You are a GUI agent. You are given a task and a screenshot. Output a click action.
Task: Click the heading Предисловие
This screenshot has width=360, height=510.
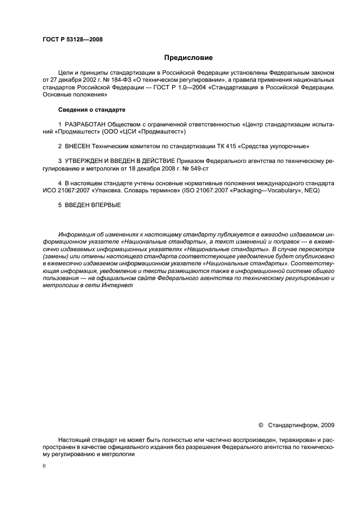pyautogui.click(x=188, y=58)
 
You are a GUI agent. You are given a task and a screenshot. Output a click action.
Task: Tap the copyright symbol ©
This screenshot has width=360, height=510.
pyautogui.click(x=260, y=424)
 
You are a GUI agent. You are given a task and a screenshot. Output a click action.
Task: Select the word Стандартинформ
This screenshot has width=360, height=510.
pyautogui.click(x=294, y=424)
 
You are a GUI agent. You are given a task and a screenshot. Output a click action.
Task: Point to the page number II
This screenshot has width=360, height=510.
pyautogui.click(x=44, y=466)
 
